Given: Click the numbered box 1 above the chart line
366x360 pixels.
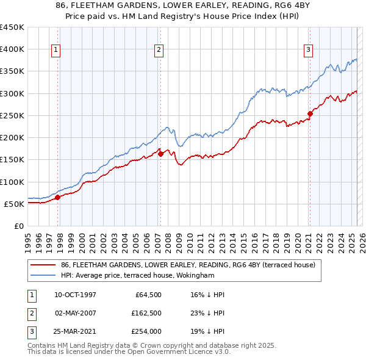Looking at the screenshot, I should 56,50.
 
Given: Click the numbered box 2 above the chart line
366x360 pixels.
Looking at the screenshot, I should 159,50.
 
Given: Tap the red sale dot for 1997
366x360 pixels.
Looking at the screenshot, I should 57,197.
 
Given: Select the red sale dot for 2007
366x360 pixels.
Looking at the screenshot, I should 160,154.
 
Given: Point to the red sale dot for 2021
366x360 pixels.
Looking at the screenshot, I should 310,113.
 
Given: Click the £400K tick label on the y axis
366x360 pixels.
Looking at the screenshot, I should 12,49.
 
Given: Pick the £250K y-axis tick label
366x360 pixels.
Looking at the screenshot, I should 12,115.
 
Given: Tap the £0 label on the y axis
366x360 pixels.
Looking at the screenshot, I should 19,226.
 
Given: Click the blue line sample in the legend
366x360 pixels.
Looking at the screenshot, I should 43,276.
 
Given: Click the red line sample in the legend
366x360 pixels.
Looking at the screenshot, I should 43,265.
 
